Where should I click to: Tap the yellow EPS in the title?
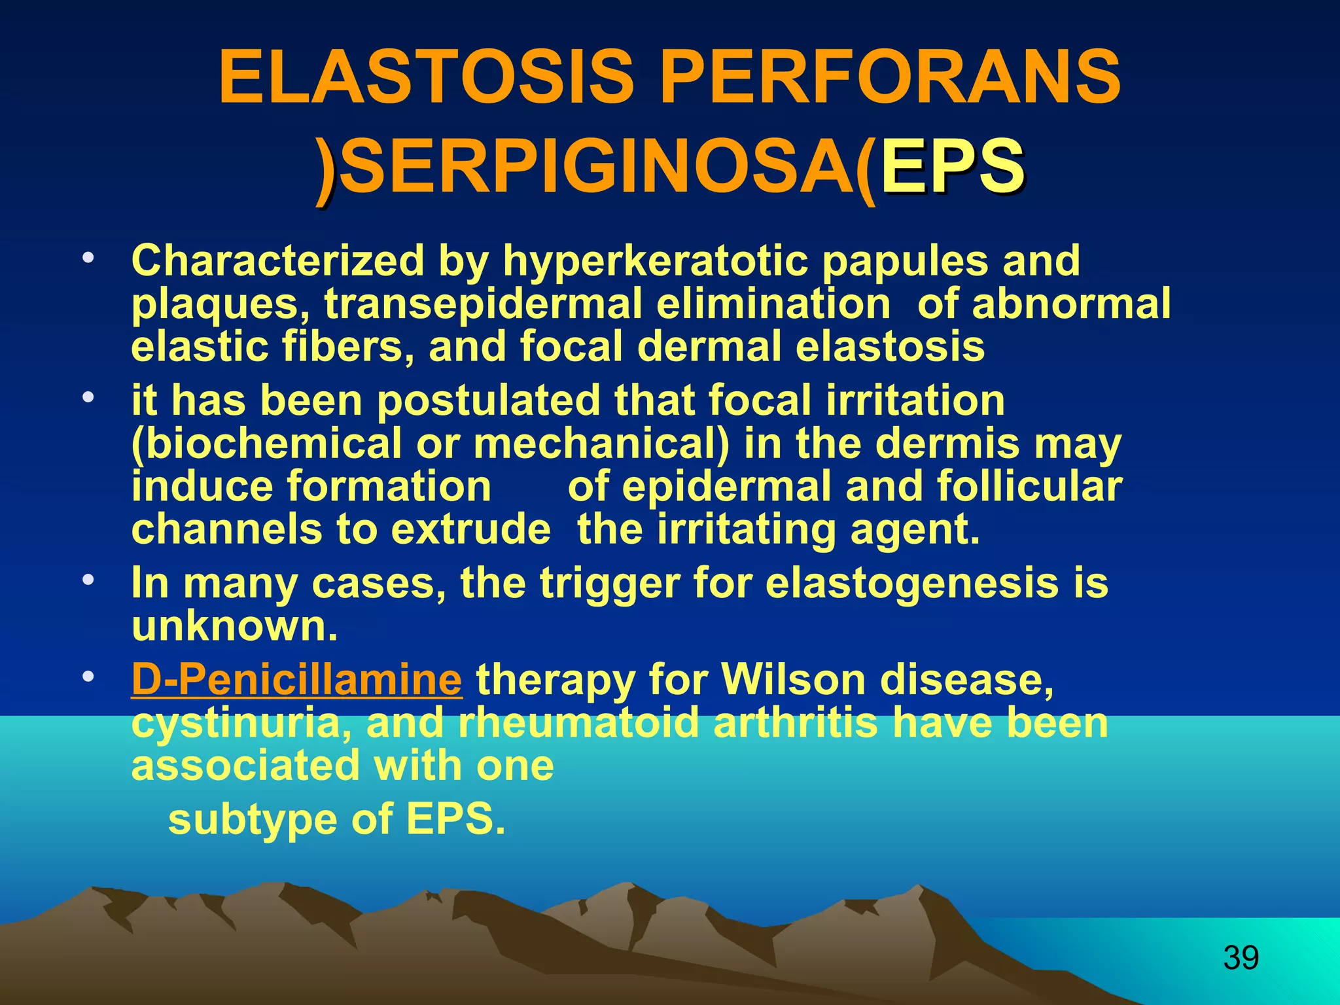coord(952,167)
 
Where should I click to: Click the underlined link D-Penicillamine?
coord(296,679)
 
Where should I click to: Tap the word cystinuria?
coord(241,724)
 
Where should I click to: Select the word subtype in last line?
coord(253,819)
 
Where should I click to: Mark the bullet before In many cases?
coord(87,579)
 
